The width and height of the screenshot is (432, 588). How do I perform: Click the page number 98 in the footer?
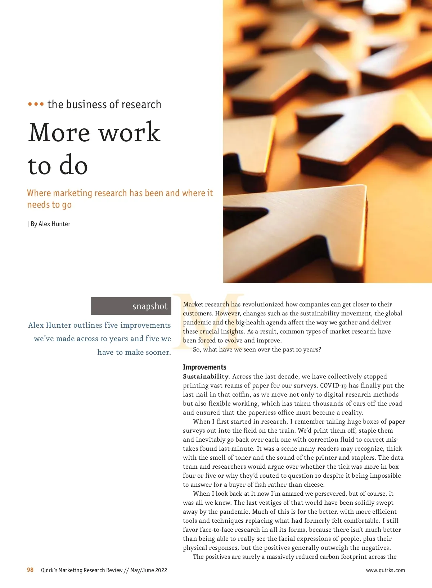pos(30,570)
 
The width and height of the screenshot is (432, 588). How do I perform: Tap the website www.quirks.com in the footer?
pos(385,570)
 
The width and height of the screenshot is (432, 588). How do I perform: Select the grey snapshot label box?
pos(131,306)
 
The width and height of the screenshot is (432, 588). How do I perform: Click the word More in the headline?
pos(59,132)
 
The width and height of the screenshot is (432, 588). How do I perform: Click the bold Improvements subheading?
pos(204,367)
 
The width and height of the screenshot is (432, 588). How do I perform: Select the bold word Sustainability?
pos(206,376)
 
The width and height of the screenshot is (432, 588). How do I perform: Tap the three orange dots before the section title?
pos(36,104)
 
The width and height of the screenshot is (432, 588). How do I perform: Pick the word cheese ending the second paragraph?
pos(314,485)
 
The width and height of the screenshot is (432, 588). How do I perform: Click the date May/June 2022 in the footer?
pos(149,570)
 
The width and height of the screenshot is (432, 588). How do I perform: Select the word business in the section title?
pos(86,104)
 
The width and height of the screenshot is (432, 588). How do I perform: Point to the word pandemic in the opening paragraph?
pos(197,322)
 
